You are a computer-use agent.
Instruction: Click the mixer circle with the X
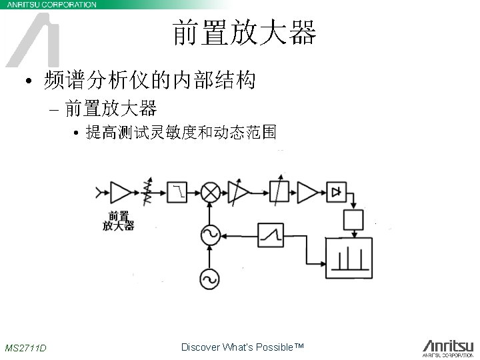211,193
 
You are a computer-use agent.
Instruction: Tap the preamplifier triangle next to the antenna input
120,192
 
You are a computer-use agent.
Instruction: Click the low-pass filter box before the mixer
177,192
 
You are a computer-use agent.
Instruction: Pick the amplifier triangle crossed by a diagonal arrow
238,192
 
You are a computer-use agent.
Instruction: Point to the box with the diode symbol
336,192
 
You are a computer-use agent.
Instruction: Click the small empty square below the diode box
352,219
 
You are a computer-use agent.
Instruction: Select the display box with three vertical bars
349,257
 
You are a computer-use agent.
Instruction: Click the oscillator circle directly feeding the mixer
211,234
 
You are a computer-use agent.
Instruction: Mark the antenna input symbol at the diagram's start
101,192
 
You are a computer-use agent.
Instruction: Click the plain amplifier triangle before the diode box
307,192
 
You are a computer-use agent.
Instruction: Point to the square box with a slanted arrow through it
279,192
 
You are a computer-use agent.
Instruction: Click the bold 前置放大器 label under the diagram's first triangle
118,221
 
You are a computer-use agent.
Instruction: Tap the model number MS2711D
25,348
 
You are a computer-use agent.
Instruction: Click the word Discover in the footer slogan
198,347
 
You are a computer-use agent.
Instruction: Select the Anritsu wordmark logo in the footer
447,346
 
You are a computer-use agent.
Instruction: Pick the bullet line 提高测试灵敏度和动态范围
180,133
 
